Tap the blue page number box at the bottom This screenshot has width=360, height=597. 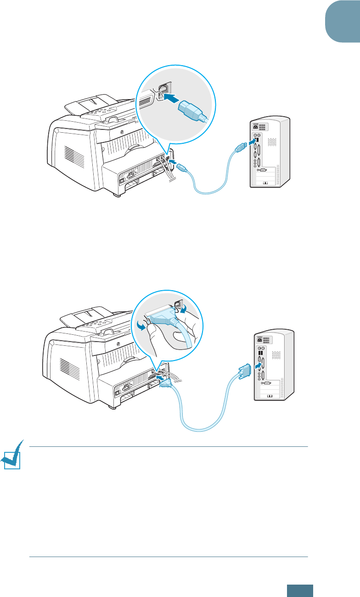[301, 590]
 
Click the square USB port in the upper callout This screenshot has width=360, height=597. [164, 90]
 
